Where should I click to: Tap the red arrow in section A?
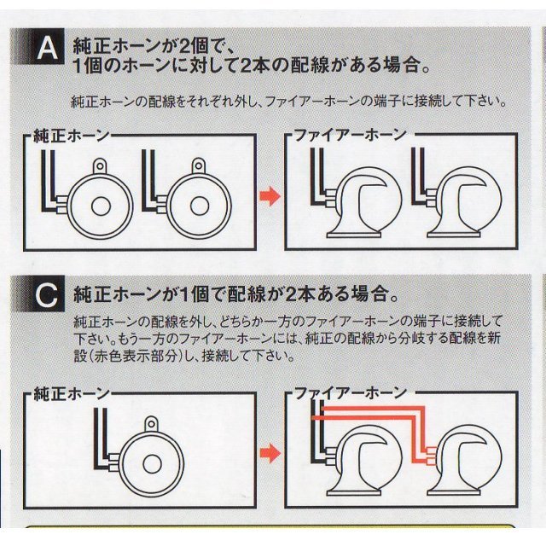click(x=270, y=197)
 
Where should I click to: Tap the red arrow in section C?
click(x=270, y=453)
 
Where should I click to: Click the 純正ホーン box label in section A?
click(x=72, y=136)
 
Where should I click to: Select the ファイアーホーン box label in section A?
click(x=351, y=135)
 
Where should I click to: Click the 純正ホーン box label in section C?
click(x=72, y=394)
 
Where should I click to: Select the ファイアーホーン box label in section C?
click(x=351, y=393)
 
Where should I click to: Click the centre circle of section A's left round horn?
click(x=101, y=206)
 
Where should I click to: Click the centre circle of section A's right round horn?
click(x=200, y=206)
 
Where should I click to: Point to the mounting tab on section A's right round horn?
click(x=199, y=166)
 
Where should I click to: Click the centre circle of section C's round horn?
click(x=152, y=465)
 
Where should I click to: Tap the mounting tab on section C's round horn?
click(x=151, y=424)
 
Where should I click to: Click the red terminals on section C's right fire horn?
click(x=432, y=456)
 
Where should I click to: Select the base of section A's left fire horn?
click(x=353, y=235)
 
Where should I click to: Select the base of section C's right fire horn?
click(x=454, y=493)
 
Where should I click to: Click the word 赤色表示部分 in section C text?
click(x=136, y=357)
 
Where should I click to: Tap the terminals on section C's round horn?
click(x=114, y=462)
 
